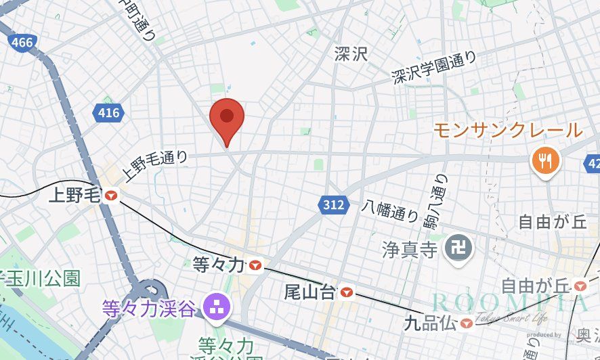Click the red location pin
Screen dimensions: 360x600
tap(227, 120)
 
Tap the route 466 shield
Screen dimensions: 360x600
tap(22, 43)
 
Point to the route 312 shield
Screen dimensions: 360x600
tap(333, 204)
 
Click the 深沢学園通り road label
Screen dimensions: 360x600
tap(434, 68)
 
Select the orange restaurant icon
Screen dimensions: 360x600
tap(544, 160)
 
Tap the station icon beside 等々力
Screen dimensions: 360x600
tap(255, 265)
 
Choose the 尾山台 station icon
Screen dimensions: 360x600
tap(347, 292)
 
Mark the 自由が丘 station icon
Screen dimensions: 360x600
tap(579, 286)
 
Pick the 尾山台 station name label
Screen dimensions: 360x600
tap(309, 293)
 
